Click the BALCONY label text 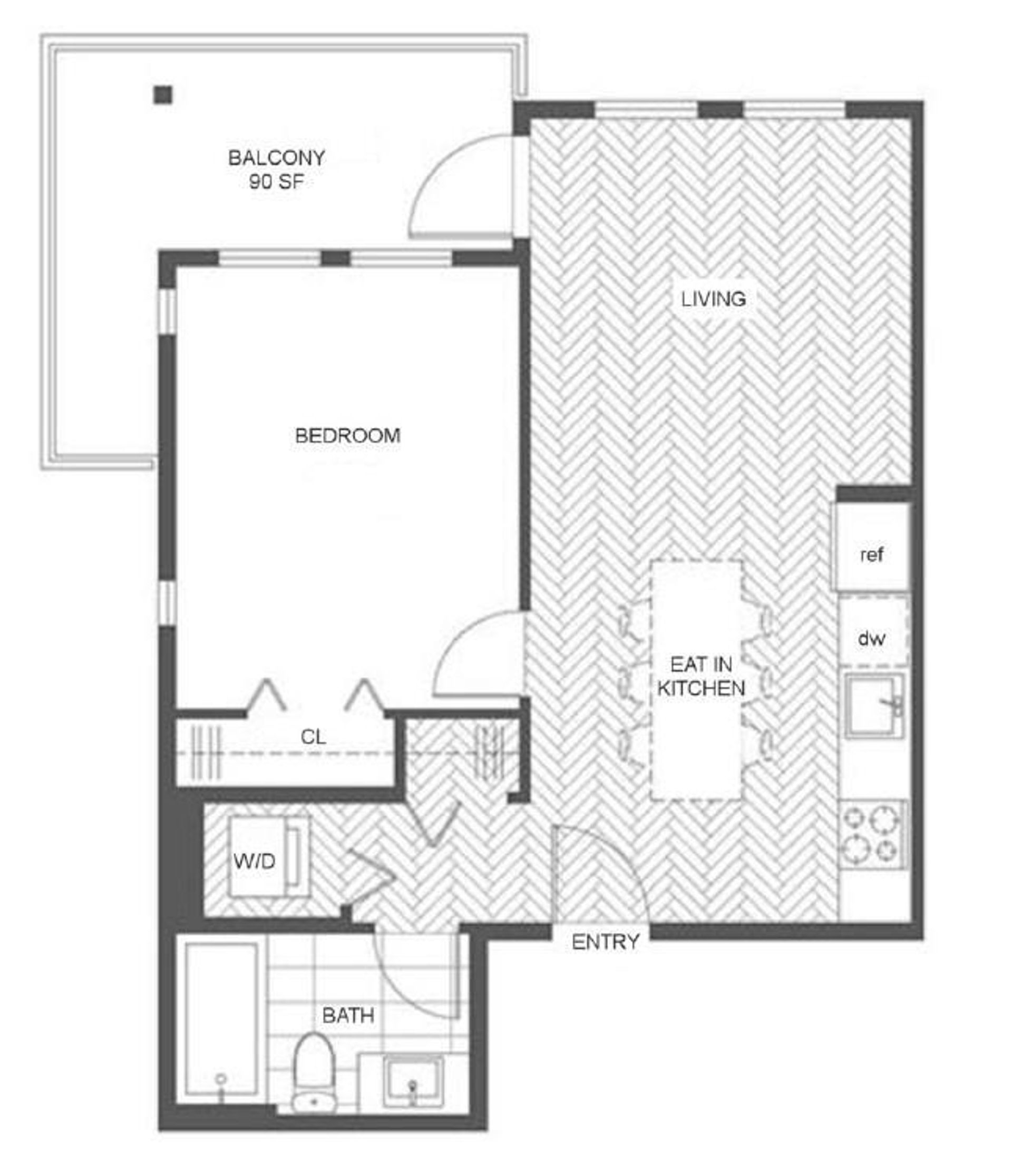point(277,157)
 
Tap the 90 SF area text point(277,182)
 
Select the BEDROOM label point(348,435)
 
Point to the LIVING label point(713,298)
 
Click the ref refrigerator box point(872,546)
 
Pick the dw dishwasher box point(873,631)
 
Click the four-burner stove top point(873,835)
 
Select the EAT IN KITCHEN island point(696,680)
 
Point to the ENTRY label point(606,942)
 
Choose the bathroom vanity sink point(413,1082)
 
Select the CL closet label point(313,737)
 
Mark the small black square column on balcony point(163,95)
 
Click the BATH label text point(348,1015)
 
